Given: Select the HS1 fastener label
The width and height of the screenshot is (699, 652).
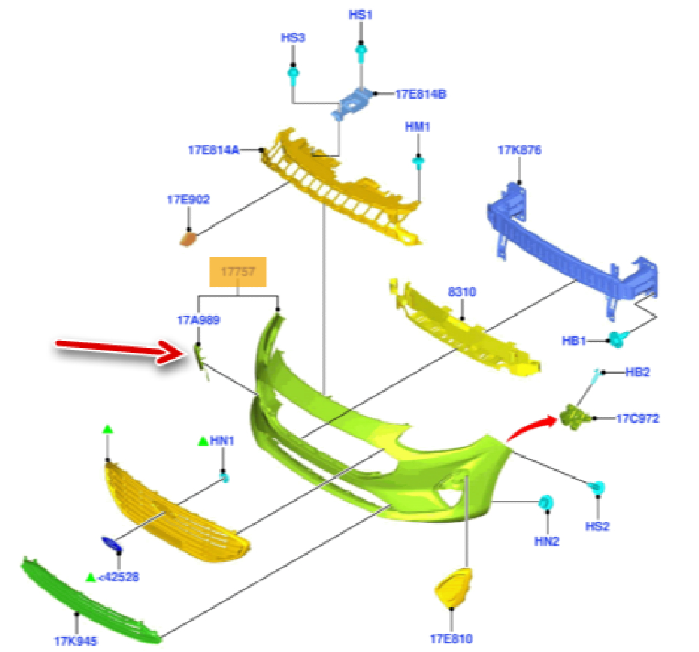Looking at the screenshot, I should [x=361, y=14].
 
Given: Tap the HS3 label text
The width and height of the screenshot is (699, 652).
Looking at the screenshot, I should [x=294, y=38].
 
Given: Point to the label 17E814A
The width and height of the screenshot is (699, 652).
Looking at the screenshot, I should [x=213, y=149].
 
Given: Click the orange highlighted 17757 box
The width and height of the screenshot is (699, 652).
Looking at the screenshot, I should [x=238, y=272].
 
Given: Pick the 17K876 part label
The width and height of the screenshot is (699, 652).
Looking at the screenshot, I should [x=519, y=150].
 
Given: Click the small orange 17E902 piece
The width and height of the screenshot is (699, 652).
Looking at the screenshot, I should [x=189, y=239].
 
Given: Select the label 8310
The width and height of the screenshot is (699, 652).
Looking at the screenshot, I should [x=462, y=292].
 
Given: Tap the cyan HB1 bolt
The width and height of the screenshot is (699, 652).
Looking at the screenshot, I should [x=617, y=339].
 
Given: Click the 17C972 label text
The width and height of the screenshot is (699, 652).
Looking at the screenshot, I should [x=637, y=418].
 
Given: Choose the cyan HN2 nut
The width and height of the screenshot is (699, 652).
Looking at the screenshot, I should [x=547, y=502].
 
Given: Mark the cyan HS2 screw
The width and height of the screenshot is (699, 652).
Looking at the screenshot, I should [x=598, y=488].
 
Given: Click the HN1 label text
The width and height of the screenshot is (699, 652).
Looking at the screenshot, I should [x=222, y=441].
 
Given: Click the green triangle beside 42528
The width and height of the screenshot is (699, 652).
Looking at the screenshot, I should [x=90, y=577].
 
